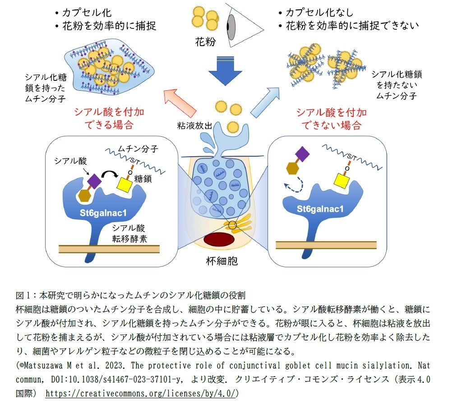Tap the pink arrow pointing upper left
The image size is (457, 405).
pos(180,102)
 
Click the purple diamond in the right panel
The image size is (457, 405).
pos(302,155)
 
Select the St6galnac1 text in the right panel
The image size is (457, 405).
pos(320,209)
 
